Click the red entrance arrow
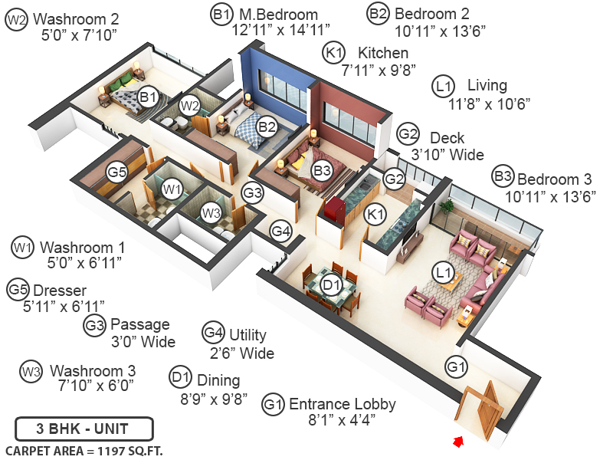click(x=457, y=442)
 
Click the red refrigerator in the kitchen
click(x=336, y=211)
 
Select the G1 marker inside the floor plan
click(x=456, y=367)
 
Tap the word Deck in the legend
click(x=447, y=138)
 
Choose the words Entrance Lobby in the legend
click(x=342, y=404)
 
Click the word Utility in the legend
click(x=247, y=335)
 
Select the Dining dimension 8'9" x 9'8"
click(x=214, y=399)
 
